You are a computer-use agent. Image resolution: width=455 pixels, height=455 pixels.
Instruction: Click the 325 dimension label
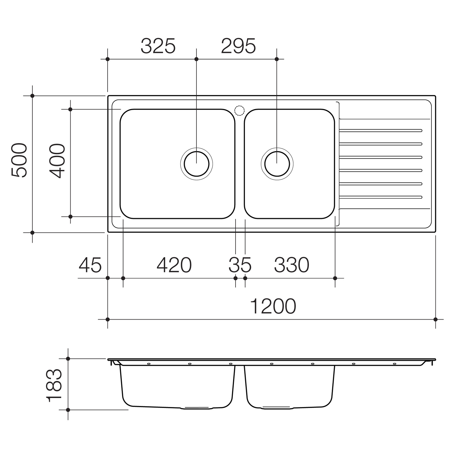[x=158, y=46]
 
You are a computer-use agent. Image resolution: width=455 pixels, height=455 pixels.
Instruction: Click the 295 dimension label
[x=238, y=46]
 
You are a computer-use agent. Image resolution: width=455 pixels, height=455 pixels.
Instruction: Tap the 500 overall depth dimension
[x=19, y=160]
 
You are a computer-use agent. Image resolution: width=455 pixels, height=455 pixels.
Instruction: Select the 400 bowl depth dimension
[x=57, y=161]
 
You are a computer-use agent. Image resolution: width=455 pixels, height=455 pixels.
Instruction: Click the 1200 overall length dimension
[x=273, y=306]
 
